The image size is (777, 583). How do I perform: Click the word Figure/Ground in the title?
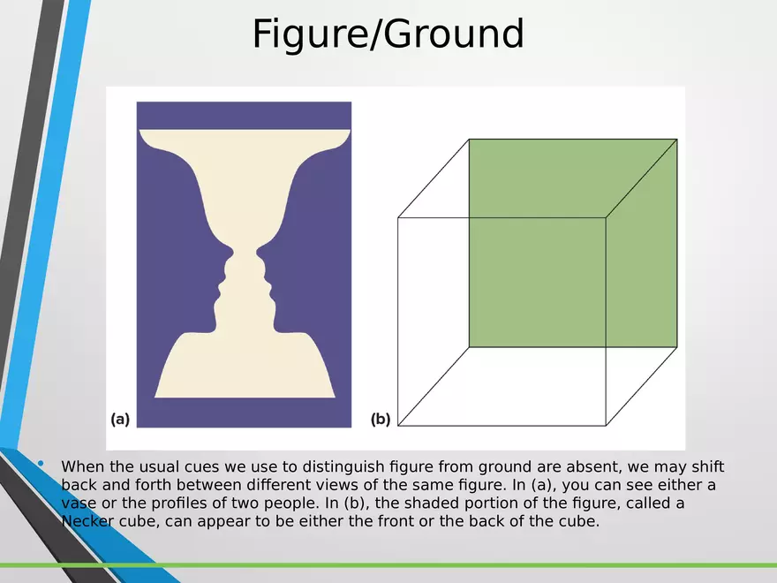388,34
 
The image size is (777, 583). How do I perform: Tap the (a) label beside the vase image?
120,420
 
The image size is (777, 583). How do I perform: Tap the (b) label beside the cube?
381,420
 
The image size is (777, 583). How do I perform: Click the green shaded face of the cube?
572,242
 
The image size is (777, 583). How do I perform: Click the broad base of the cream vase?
244,371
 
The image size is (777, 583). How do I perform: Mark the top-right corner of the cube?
677,139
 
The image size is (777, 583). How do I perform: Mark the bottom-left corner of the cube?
398,426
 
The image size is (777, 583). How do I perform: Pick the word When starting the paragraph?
82,467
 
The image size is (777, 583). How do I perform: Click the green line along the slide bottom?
388,565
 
